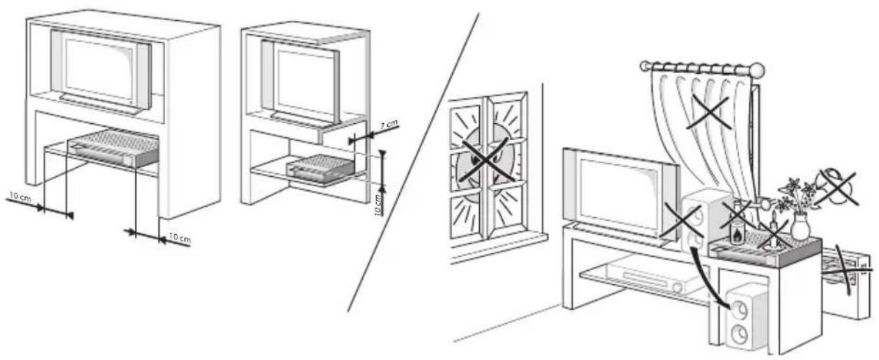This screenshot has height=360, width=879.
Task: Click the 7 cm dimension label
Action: pyautogui.click(x=389, y=125)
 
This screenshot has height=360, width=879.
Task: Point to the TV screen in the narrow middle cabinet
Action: pyautogui.click(x=304, y=79)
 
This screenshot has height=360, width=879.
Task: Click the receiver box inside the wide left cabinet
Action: pyautogui.click(x=114, y=147)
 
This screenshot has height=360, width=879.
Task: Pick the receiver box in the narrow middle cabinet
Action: pyautogui.click(x=320, y=169)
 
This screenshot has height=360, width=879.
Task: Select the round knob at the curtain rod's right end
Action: pyautogui.click(x=757, y=70)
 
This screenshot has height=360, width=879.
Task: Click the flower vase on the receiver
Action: pyautogui.click(x=800, y=228)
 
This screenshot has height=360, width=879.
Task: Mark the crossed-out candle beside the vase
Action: pyautogui.click(x=773, y=235)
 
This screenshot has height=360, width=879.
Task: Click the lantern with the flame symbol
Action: pyautogui.click(x=738, y=231)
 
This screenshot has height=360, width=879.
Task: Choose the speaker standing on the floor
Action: pyautogui.click(x=739, y=318)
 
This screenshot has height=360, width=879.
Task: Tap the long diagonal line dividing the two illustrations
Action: pyautogui.click(x=413, y=163)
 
